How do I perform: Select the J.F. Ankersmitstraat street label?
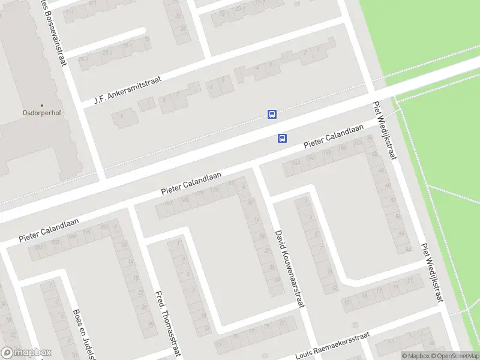coord(128,89)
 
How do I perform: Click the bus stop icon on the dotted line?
coord(272,115)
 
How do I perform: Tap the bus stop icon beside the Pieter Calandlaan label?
coord(282,139)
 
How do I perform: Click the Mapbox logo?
coord(26,353)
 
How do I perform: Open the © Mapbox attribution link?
coord(413,356)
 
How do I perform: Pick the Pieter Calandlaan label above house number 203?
coord(46,230)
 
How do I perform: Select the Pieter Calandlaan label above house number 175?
coord(191,183)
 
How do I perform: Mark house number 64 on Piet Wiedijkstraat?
coord(409,249)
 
